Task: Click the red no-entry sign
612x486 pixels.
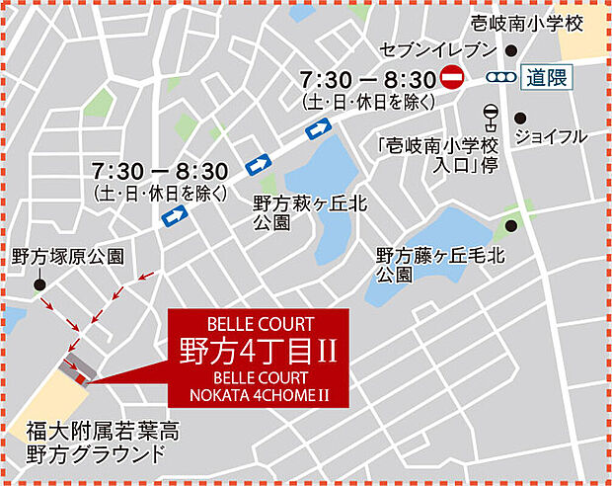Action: (x=452, y=77)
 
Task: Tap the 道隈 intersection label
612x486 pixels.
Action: (x=546, y=78)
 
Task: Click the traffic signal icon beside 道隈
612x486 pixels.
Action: (x=500, y=78)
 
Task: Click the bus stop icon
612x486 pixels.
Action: (x=490, y=116)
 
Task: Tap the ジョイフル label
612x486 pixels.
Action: (x=552, y=136)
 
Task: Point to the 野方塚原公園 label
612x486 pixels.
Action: (x=68, y=257)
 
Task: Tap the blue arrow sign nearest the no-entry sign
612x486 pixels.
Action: (x=319, y=128)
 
